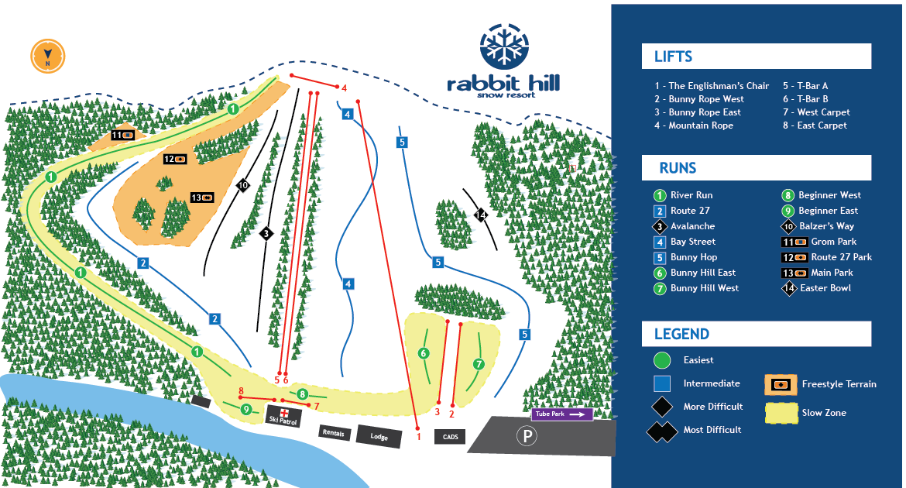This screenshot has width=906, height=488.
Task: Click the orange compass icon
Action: pos(48,55)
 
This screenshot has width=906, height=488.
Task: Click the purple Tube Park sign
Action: pos(562,414)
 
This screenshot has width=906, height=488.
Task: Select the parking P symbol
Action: pos(527,437)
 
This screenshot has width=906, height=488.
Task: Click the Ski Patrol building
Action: pos(283,416)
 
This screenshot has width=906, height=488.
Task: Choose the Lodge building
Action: pos(379,436)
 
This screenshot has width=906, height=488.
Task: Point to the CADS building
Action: pos(451,437)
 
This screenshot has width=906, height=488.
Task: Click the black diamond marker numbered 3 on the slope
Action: pos(266,232)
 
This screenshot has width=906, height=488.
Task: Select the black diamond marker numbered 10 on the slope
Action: pos(243,185)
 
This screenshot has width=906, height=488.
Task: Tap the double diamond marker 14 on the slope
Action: pos(481,215)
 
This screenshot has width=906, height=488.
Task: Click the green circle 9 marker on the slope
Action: pos(246,409)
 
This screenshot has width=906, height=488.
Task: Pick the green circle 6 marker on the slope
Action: pos(423,353)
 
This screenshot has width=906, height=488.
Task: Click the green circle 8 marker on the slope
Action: pos(303,394)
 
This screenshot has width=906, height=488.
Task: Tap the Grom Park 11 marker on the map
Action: pos(123,135)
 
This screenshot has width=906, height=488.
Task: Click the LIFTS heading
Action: pos(673,57)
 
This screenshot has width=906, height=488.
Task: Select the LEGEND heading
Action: pos(681,334)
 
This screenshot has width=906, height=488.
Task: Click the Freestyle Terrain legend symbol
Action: pos(781,384)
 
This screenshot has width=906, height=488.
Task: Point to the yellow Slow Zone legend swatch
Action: pos(781,413)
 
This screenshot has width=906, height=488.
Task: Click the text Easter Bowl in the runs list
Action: pos(825,288)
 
